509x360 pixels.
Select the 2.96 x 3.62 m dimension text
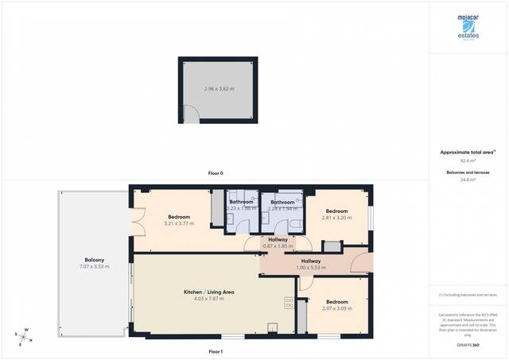click(218, 88)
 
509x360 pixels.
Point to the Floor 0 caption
click(216, 173)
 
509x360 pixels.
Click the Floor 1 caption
click(216, 351)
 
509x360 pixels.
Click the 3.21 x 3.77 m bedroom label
click(179, 220)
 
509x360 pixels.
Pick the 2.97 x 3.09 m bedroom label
click(336, 305)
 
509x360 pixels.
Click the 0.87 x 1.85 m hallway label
click(278, 243)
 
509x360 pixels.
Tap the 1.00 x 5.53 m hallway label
click(311, 265)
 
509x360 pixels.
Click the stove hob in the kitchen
click(289, 304)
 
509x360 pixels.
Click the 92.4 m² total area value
click(468, 161)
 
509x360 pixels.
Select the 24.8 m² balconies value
click(468, 180)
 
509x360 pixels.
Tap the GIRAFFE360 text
click(468, 346)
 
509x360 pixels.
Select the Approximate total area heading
click(468, 151)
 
